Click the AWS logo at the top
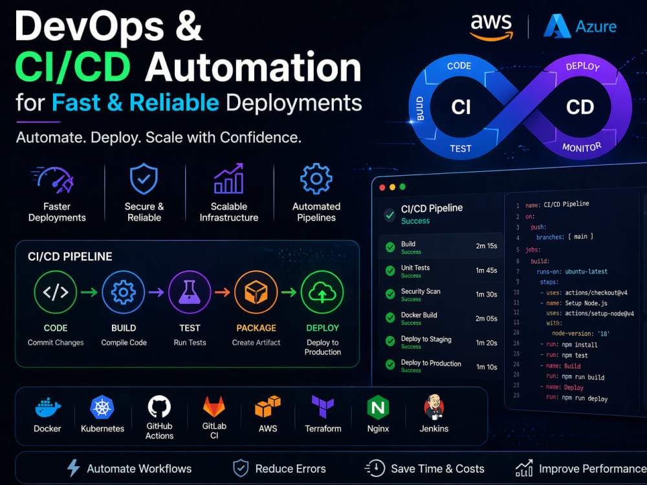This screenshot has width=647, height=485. coord(492,27)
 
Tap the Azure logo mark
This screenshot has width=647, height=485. coord(558,26)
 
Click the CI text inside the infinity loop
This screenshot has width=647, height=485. coord(461,107)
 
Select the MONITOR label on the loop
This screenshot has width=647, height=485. coord(582,147)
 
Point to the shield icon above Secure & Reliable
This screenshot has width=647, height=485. coord(144,179)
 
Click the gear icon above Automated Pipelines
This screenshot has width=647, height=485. coord(316,178)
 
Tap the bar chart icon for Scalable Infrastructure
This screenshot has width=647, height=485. coord(228,178)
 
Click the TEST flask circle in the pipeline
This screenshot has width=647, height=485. coord(190,292)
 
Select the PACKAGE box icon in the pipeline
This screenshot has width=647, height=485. coord(256,292)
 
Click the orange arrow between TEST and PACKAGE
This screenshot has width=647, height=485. coord(223,292)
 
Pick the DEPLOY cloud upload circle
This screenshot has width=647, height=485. coord(322,292)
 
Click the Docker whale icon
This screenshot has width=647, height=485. coord(48,408)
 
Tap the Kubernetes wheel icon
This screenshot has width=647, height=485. coord(102,407)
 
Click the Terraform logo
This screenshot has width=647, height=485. coord(323,407)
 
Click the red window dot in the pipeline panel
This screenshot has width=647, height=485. coord(382,188)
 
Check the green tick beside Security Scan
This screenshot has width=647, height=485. coord(390,294)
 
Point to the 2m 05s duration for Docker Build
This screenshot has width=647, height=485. coord(487,318)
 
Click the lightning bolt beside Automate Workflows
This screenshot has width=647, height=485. coord(74,468)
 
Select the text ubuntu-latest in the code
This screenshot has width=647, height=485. coord(586,272)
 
